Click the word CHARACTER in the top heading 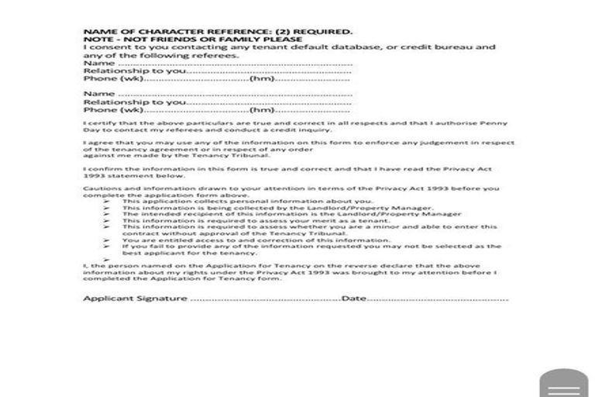(152, 32)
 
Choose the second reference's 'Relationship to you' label (134, 102)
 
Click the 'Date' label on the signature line (353, 299)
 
